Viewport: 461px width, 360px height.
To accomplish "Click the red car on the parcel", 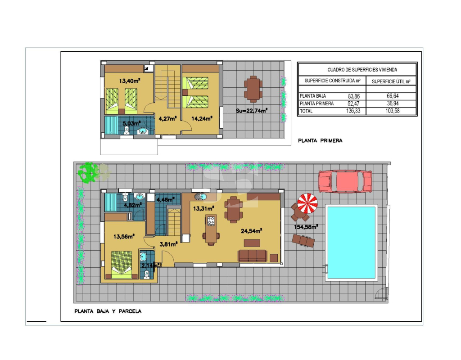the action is [x=345, y=181].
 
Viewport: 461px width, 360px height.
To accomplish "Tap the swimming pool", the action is [x=351, y=243].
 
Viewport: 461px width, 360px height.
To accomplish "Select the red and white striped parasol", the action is [x=307, y=203].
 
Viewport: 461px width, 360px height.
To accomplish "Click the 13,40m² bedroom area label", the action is [x=129, y=81].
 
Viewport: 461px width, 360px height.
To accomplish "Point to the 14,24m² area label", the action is [x=202, y=118].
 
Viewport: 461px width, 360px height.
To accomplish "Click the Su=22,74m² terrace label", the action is [x=252, y=111].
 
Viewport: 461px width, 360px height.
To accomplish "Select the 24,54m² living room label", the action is [x=251, y=231].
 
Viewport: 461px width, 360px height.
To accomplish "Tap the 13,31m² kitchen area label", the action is [x=203, y=208].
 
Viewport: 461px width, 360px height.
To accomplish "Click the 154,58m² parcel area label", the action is [x=306, y=227].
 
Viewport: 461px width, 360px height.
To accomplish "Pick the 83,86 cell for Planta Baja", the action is [x=354, y=96].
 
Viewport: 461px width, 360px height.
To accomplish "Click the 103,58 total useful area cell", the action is [x=393, y=111].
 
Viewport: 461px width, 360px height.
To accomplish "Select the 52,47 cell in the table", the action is [x=353, y=103].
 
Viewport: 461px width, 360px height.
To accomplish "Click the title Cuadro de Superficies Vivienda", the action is [x=362, y=70].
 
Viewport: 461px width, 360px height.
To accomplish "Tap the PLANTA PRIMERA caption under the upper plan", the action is [x=320, y=140].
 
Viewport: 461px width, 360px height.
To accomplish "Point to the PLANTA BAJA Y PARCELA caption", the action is [x=108, y=311].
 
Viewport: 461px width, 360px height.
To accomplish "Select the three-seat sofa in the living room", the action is [x=252, y=256].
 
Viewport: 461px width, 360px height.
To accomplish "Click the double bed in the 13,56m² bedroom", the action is [x=122, y=265].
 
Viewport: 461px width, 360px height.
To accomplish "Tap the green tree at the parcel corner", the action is [x=88, y=172].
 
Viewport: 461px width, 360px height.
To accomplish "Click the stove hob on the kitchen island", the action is [x=211, y=220].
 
